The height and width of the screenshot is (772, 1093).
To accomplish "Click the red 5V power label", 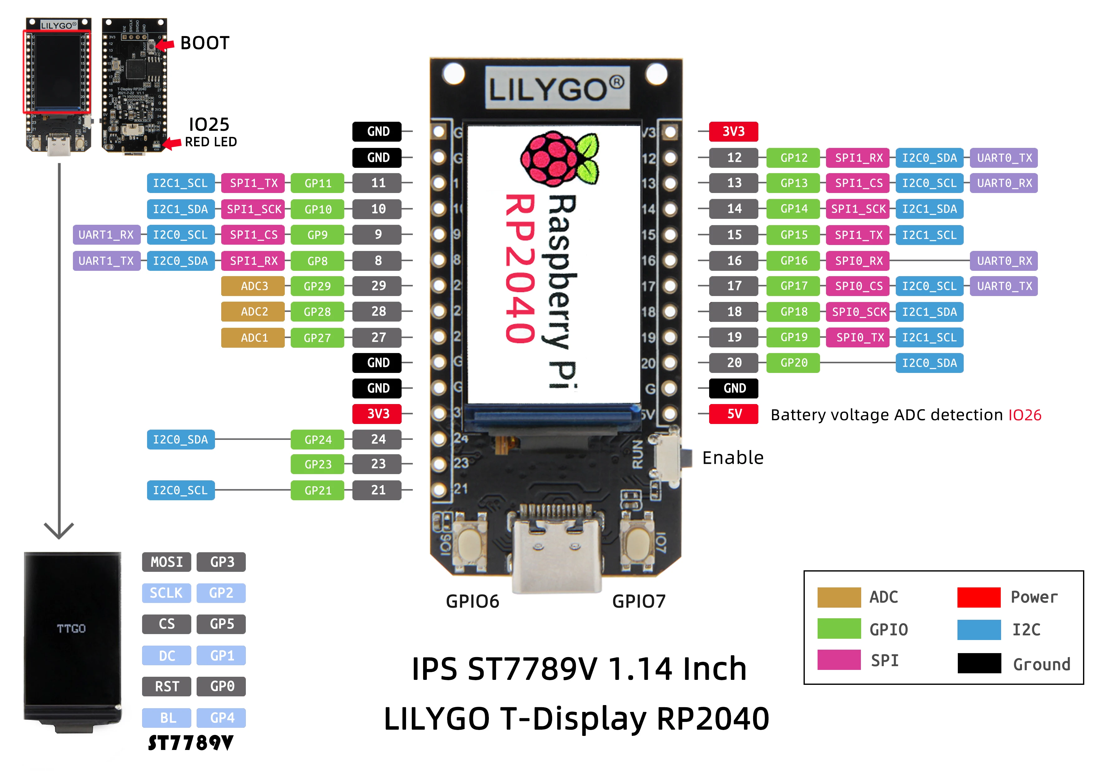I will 733,414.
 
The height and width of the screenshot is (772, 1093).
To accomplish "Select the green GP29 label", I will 317,286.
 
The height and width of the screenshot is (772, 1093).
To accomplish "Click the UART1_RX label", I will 106,234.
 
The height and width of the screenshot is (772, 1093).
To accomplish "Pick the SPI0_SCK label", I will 858,312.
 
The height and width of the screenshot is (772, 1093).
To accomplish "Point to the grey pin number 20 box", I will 733,362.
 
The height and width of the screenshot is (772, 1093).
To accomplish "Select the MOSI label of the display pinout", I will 166,562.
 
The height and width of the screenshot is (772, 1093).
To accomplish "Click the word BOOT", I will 205,43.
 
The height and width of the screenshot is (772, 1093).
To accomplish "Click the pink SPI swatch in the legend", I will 838,660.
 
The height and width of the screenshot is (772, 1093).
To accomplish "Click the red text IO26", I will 1024,415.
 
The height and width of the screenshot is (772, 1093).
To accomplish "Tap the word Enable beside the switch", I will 733,458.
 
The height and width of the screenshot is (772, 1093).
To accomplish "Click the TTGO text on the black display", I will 71,628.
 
